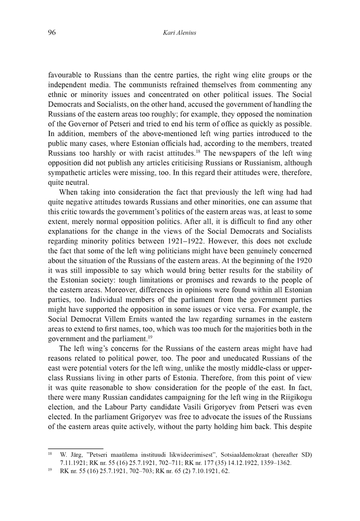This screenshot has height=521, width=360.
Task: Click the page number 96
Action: pyautogui.click(x=52, y=32)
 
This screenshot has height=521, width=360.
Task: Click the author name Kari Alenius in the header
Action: pyautogui.click(x=180, y=32)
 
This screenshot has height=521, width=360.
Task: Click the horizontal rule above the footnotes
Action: pyautogui.click(x=76, y=449)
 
